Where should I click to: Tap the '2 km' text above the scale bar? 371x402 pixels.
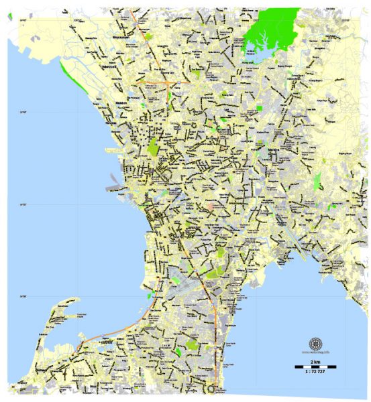coord(313,361)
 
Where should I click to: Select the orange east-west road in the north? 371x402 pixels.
coord(168,82)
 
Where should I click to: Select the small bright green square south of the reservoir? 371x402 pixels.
coord(260,108)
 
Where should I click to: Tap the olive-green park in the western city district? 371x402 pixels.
coord(154,148)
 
